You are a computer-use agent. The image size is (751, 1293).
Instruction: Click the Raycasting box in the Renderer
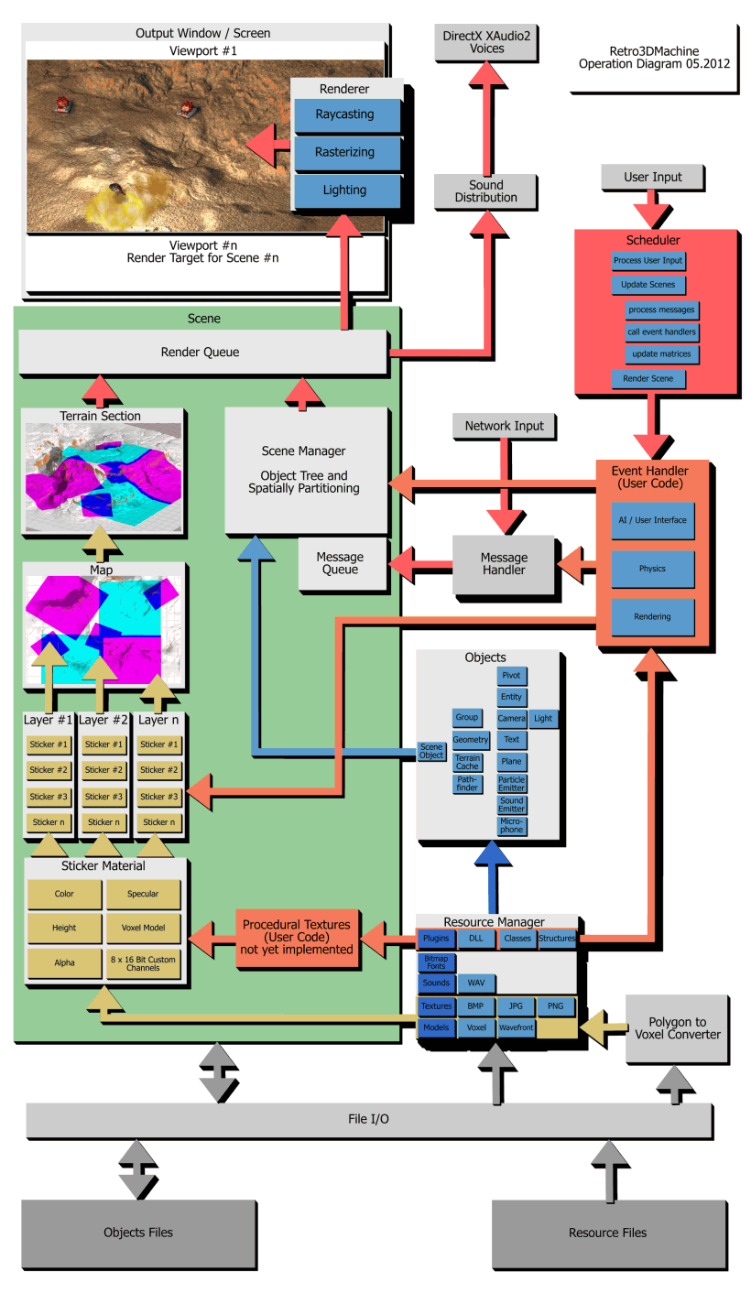pyautogui.click(x=347, y=115)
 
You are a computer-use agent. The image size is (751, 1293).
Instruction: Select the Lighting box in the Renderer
pyautogui.click(x=347, y=190)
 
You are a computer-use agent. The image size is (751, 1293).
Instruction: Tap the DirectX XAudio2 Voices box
pyautogui.click(x=486, y=42)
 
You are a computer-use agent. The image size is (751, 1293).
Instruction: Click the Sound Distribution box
pyautogui.click(x=485, y=191)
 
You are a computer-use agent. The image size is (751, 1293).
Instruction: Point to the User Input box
pyautogui.click(x=653, y=177)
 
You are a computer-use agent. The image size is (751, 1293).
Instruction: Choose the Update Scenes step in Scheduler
pyautogui.click(x=648, y=285)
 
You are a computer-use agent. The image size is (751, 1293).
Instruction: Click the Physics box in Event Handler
pyautogui.click(x=652, y=569)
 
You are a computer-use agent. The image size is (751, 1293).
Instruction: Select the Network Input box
pyautogui.click(x=504, y=426)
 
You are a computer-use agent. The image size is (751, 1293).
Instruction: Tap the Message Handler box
pyautogui.click(x=504, y=564)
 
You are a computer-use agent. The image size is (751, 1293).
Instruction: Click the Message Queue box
pyautogui.click(x=339, y=563)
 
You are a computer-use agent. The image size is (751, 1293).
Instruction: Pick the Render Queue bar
pyautogui.click(x=202, y=352)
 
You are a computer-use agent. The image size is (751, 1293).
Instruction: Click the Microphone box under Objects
pyautogui.click(x=511, y=826)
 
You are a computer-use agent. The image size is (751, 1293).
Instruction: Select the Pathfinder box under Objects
pyautogui.click(x=467, y=783)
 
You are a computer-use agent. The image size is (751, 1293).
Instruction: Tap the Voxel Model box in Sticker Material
pyautogui.click(x=143, y=928)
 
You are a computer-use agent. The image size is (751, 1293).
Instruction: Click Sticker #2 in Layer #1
pyautogui.click(x=49, y=770)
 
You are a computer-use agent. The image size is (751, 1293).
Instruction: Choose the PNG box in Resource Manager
pyautogui.click(x=556, y=1005)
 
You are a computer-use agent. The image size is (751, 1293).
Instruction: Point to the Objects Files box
pyautogui.click(x=137, y=1232)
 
